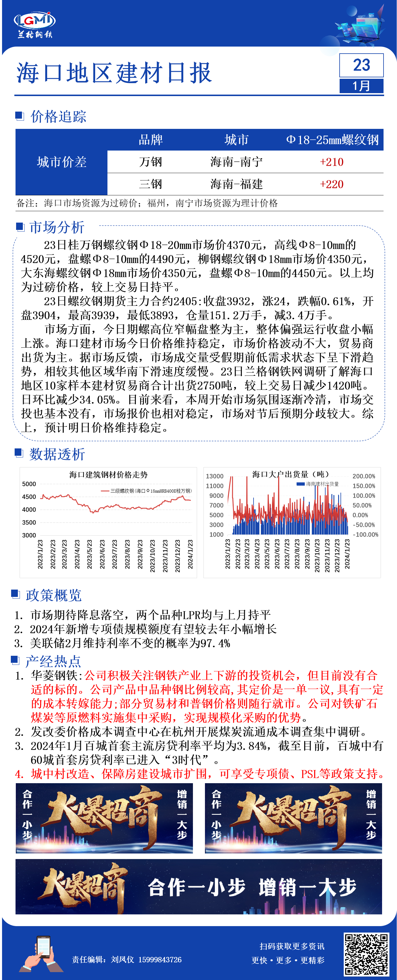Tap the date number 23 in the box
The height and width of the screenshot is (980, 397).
(x=361, y=65)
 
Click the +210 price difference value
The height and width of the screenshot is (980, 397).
(x=332, y=162)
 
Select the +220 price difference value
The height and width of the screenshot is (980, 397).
(x=332, y=185)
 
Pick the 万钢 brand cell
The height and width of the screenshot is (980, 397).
(x=150, y=162)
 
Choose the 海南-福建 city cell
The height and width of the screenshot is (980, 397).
(x=237, y=185)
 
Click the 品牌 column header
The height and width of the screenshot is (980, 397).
(x=150, y=140)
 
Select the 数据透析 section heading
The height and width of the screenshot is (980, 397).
(x=57, y=454)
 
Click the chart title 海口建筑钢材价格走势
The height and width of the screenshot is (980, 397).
(x=108, y=475)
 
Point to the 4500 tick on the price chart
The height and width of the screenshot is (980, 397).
(x=29, y=497)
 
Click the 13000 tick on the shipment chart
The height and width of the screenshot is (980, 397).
(x=215, y=476)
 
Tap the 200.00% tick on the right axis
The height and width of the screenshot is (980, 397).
(x=364, y=476)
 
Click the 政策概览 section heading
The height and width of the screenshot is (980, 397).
(x=54, y=595)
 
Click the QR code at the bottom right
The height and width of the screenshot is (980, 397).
(x=366, y=954)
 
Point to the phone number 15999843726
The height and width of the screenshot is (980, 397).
(x=160, y=960)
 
